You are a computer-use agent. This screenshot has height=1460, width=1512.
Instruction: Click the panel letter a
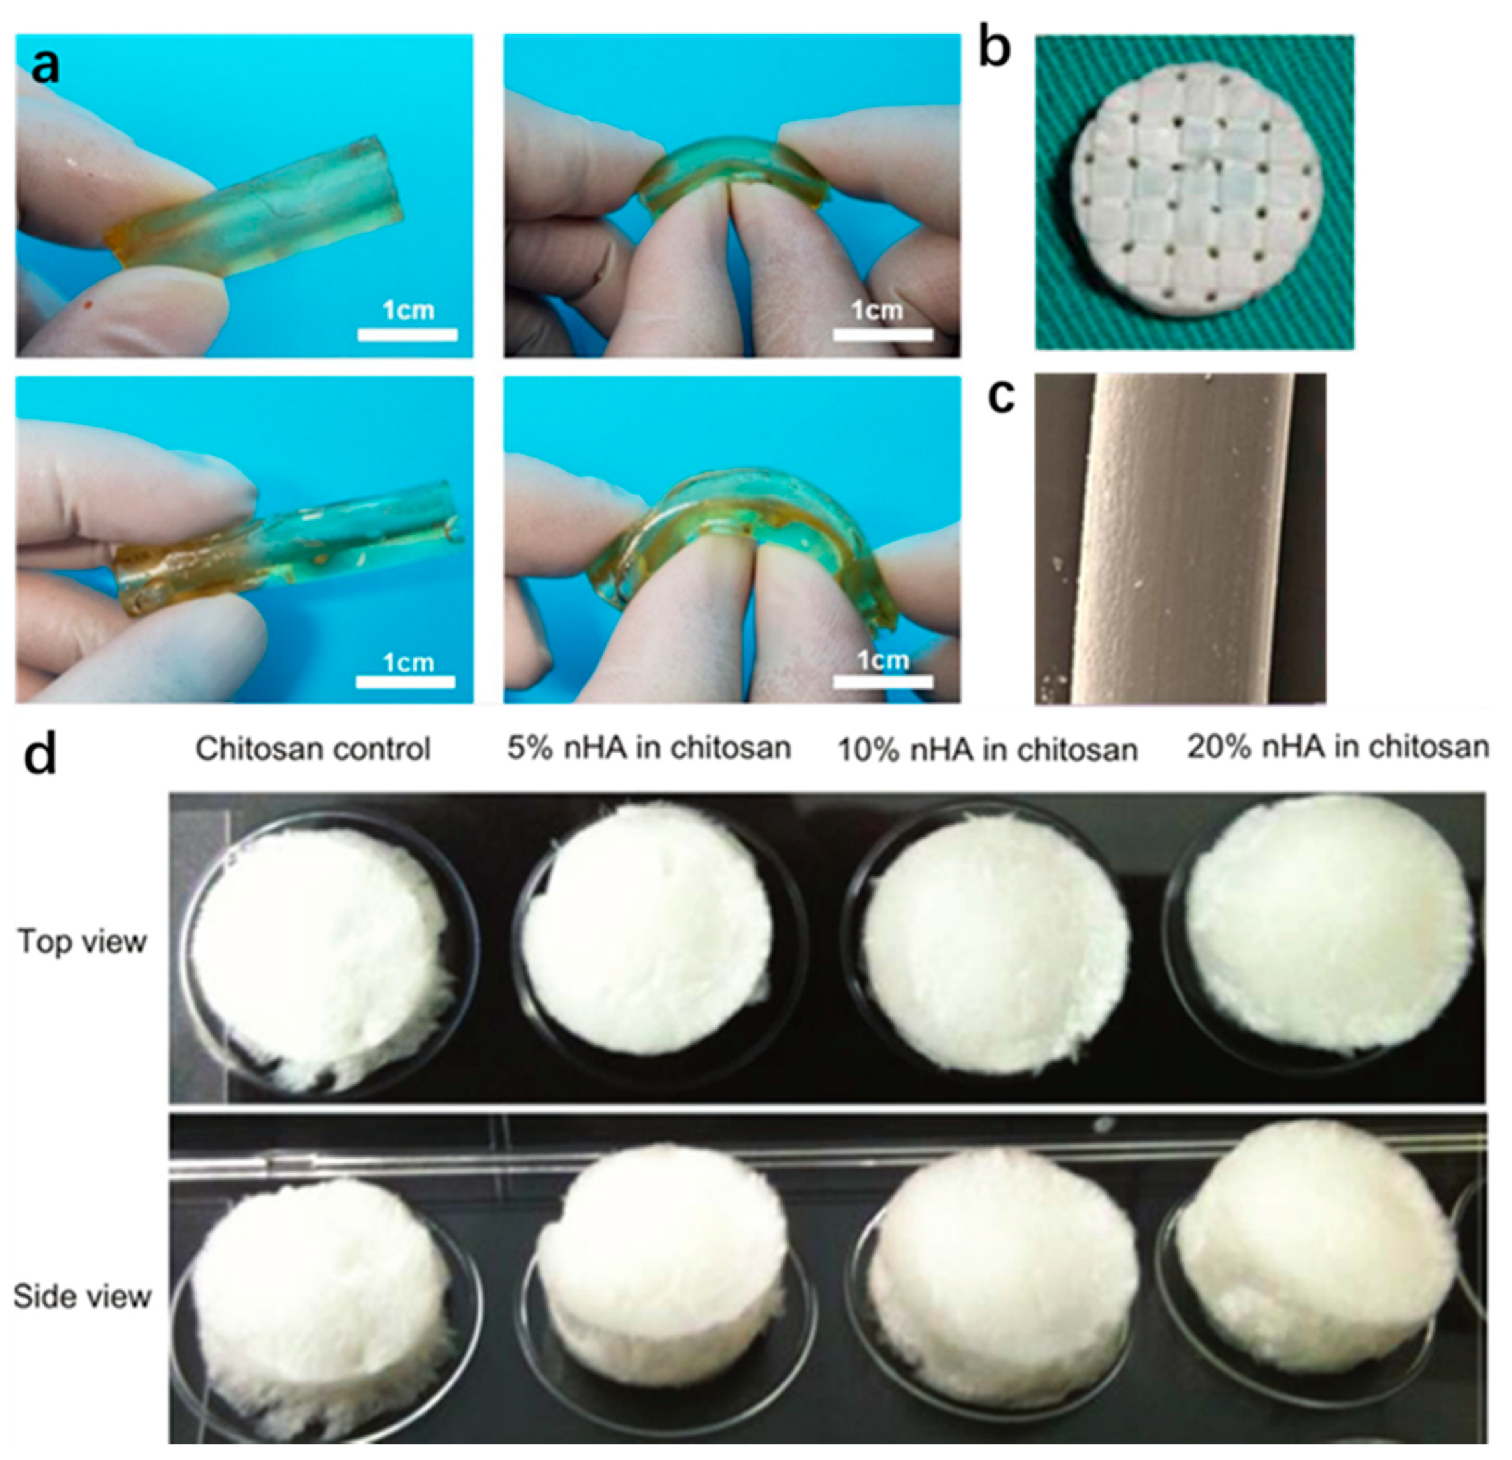46,66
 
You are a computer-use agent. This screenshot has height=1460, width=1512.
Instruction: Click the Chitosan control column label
313,749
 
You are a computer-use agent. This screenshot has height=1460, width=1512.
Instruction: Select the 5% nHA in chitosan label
649,748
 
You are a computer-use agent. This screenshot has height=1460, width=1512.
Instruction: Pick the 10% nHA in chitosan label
988,749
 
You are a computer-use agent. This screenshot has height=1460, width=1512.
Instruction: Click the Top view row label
81,941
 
